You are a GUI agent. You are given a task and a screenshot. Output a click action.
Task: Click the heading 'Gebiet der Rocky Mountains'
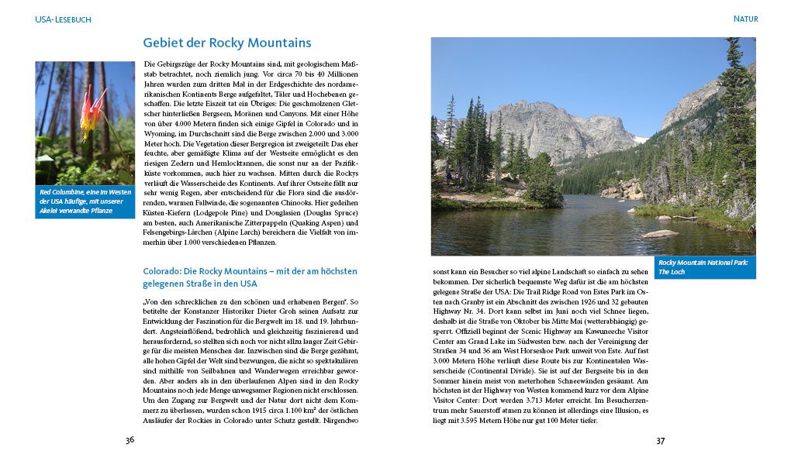pos(227,43)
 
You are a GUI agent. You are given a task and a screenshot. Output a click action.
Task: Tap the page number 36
pos(130,440)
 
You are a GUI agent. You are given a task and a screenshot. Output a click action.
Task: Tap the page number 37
pos(661,441)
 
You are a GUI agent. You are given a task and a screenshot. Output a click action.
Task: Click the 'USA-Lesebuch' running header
pos(63,19)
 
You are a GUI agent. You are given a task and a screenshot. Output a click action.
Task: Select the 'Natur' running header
pos(745,19)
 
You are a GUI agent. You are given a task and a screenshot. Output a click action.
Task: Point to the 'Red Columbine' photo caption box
pos(85,201)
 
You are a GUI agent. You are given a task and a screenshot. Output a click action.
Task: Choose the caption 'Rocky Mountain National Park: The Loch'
pos(704,267)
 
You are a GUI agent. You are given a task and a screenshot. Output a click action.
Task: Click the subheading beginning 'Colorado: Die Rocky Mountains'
pos(250,277)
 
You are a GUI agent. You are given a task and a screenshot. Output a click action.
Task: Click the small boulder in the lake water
pos(660,233)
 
